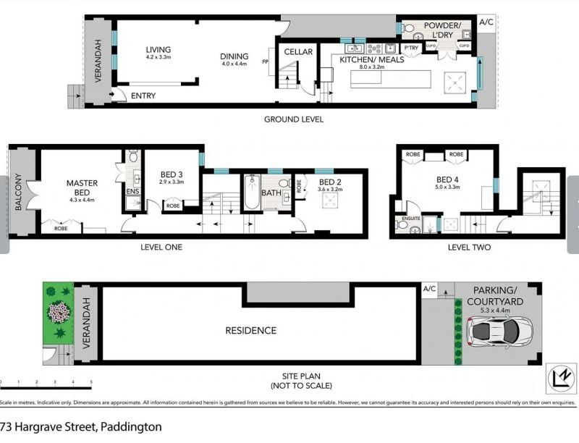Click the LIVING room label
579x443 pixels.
[x=158, y=50]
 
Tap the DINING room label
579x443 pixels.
[x=234, y=56]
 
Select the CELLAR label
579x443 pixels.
[x=298, y=51]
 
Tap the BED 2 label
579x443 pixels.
[x=329, y=182]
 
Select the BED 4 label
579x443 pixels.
[x=447, y=179]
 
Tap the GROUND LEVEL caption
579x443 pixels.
[x=293, y=119]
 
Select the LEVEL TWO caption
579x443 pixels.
[x=469, y=248]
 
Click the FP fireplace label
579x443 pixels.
[x=266, y=62]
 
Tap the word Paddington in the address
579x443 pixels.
[x=131, y=427]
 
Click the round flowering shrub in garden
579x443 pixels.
[x=58, y=312]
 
